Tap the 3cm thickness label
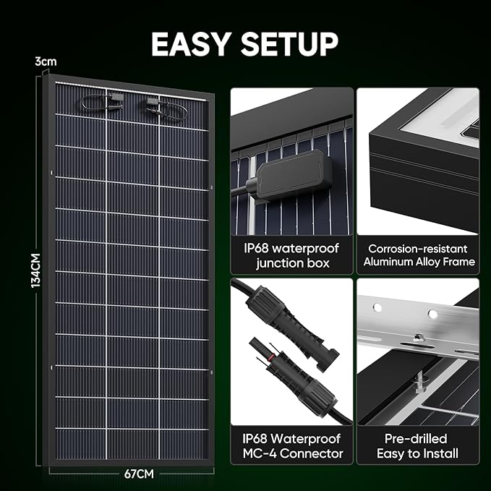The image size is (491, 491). (x=45, y=62)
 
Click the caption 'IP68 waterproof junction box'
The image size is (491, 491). (x=292, y=255)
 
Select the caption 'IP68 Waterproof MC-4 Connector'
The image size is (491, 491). (x=292, y=446)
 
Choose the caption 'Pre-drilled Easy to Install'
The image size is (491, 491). (x=417, y=446)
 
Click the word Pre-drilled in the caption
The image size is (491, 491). (x=417, y=438)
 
